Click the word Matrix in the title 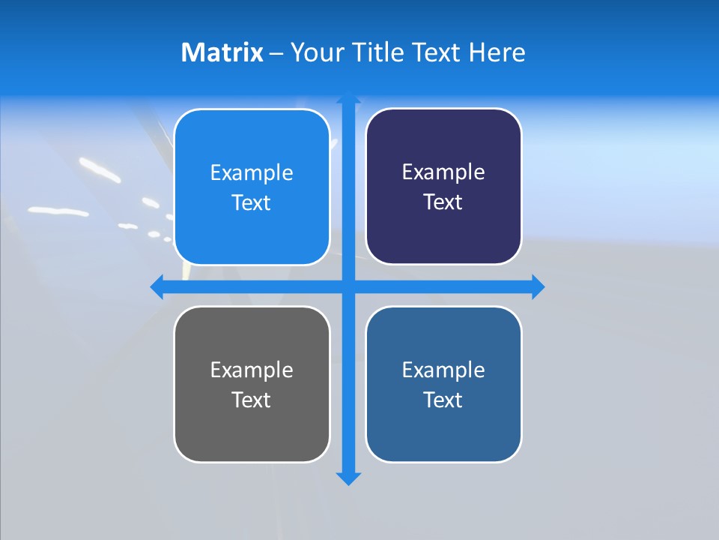[222, 52]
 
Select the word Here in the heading [497, 52]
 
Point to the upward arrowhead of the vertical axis [348, 98]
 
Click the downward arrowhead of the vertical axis [348, 478]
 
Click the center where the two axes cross [348, 286]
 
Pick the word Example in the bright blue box [252, 173]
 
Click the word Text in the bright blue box [252, 203]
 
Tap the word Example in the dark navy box [443, 172]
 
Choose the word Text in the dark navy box [443, 202]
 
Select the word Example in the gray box [252, 370]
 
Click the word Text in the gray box [252, 400]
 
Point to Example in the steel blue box [443, 370]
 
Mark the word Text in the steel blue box [443, 400]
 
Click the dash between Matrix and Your [276, 53]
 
